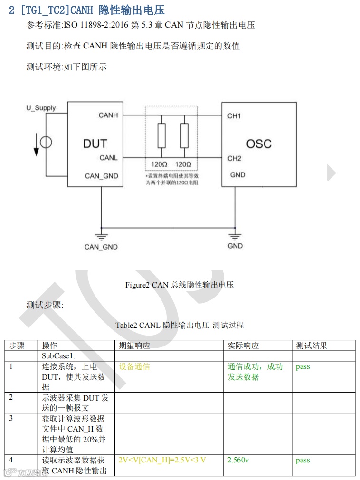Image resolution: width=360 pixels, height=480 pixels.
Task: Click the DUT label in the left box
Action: tap(95, 144)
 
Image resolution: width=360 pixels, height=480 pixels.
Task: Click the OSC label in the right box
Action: tap(258, 144)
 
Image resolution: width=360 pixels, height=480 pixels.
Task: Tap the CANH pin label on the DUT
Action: tap(108, 115)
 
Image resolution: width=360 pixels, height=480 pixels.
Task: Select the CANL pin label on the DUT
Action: tap(108, 158)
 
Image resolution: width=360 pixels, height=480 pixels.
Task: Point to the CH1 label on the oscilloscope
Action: tap(234, 116)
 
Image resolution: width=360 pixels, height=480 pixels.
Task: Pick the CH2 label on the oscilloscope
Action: tap(234, 158)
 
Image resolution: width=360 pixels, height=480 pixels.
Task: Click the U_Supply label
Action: tap(41, 108)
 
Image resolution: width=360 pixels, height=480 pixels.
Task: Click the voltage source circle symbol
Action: tap(46, 142)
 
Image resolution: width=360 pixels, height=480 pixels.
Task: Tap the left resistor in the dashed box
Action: tap(161, 136)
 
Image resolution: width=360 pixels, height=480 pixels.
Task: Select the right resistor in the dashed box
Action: tap(184, 136)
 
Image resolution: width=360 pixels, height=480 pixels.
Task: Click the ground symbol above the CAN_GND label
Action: tap(101, 236)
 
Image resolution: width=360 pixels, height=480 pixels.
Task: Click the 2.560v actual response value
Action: tap(238, 460)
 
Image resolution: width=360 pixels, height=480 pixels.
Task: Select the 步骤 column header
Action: tap(17, 346)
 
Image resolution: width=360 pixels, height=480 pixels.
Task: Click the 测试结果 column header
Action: tap(312, 346)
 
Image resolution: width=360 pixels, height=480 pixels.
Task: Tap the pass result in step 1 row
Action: tap(303, 367)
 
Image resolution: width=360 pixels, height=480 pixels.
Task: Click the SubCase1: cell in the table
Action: tap(59, 356)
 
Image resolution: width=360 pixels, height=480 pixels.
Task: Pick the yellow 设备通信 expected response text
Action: tap(134, 367)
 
